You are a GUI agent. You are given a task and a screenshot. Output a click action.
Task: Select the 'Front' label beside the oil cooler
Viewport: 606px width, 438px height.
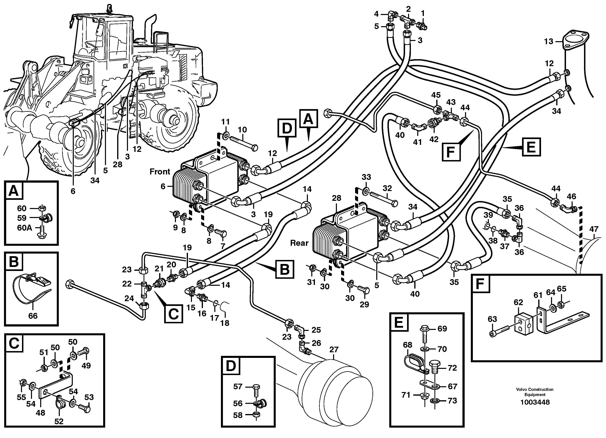pos(160,171)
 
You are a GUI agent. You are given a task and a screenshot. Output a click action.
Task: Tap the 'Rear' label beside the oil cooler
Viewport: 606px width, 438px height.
pos(299,243)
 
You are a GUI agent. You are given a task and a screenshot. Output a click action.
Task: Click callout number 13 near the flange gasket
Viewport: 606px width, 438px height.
pos(549,42)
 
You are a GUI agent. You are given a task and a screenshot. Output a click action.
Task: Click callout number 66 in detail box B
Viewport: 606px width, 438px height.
pos(33,316)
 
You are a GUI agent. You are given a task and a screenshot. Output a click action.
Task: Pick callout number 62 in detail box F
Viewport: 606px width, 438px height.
pos(518,302)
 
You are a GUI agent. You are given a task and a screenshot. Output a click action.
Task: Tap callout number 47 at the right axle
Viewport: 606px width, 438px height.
pos(594,229)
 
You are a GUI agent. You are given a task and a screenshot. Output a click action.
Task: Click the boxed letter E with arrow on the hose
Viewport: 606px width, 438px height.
pos(531,147)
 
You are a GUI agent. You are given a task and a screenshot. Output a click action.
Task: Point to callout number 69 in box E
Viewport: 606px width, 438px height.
pos(442,328)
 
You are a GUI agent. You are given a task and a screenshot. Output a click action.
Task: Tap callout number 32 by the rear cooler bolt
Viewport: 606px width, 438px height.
pos(387,188)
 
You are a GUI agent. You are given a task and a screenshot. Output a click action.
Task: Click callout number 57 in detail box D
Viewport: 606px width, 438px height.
pos(238,386)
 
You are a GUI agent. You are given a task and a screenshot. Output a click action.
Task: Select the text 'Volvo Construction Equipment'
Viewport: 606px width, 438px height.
pos(535,392)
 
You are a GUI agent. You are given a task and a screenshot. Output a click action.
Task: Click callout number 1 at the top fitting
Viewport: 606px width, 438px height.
pos(422,13)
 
